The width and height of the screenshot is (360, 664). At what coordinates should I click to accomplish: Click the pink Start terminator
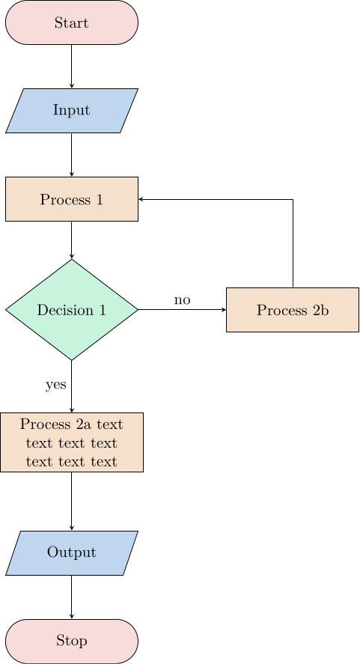[x=72, y=22]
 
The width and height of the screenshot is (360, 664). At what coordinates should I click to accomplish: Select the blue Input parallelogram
[x=72, y=111]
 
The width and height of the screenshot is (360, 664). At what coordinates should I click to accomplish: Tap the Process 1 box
[x=72, y=199]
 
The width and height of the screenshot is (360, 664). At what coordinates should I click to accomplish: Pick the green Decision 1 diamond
[x=72, y=310]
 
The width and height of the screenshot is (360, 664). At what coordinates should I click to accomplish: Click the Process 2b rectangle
[x=293, y=310]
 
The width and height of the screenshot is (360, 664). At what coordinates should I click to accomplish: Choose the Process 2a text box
[x=72, y=442]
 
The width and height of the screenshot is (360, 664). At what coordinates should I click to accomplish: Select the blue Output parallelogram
[x=72, y=553]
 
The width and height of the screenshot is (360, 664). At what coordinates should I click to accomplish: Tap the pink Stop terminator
[x=72, y=642]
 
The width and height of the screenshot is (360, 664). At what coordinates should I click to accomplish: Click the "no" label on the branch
[x=182, y=300]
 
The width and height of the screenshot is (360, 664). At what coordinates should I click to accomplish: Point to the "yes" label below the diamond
[x=56, y=385]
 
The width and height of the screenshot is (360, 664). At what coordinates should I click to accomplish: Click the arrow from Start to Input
[x=72, y=67]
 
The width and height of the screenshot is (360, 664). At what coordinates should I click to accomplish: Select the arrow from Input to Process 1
[x=72, y=155]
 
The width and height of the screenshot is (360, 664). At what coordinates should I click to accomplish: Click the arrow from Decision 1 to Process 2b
[x=182, y=310]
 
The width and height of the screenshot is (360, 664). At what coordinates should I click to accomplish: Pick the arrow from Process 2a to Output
[x=72, y=502]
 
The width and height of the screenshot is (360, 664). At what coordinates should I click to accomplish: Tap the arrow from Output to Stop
[x=72, y=597]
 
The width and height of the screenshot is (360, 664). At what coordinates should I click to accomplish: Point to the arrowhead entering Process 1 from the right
[x=142, y=200]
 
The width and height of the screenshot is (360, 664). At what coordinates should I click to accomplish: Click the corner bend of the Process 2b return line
[x=293, y=200]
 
